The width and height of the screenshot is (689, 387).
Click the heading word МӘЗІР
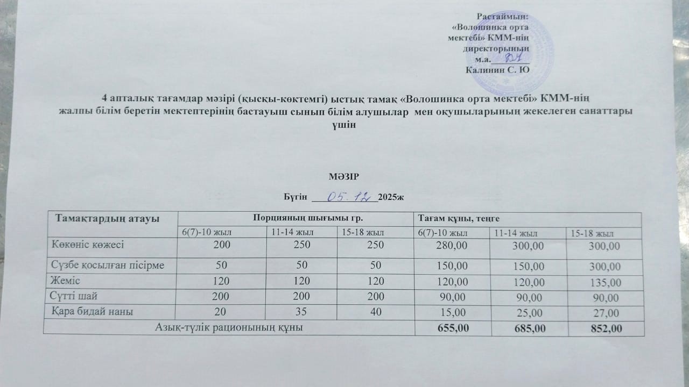click(343, 177)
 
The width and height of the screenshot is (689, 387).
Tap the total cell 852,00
click(603, 327)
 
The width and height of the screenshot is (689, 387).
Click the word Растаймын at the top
click(503, 18)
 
